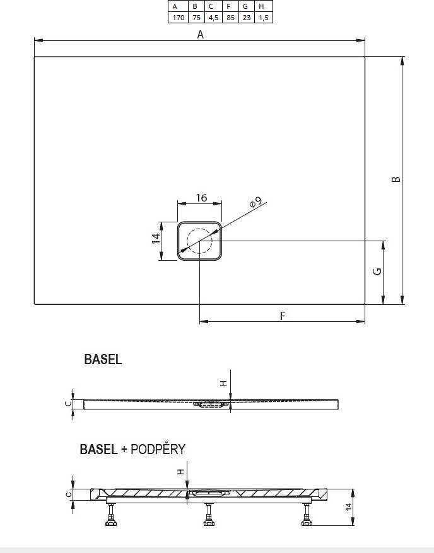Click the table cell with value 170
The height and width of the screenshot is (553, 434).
[179, 17]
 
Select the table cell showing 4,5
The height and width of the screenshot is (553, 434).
[213, 17]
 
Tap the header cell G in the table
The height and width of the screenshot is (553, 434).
[246, 6]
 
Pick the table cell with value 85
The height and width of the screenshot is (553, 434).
[230, 17]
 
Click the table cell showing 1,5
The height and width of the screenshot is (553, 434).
[264, 17]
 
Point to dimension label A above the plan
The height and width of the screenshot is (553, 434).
[200, 35]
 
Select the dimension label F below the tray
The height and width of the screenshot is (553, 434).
[282, 316]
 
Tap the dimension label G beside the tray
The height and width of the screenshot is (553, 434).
[377, 271]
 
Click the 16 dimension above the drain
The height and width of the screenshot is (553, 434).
[201, 198]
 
